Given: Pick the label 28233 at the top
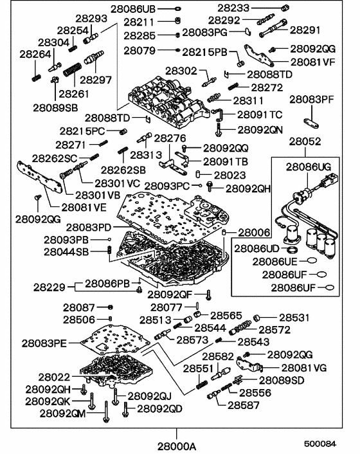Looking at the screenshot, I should pos(235,8).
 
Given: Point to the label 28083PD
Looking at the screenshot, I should pos(88,227).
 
